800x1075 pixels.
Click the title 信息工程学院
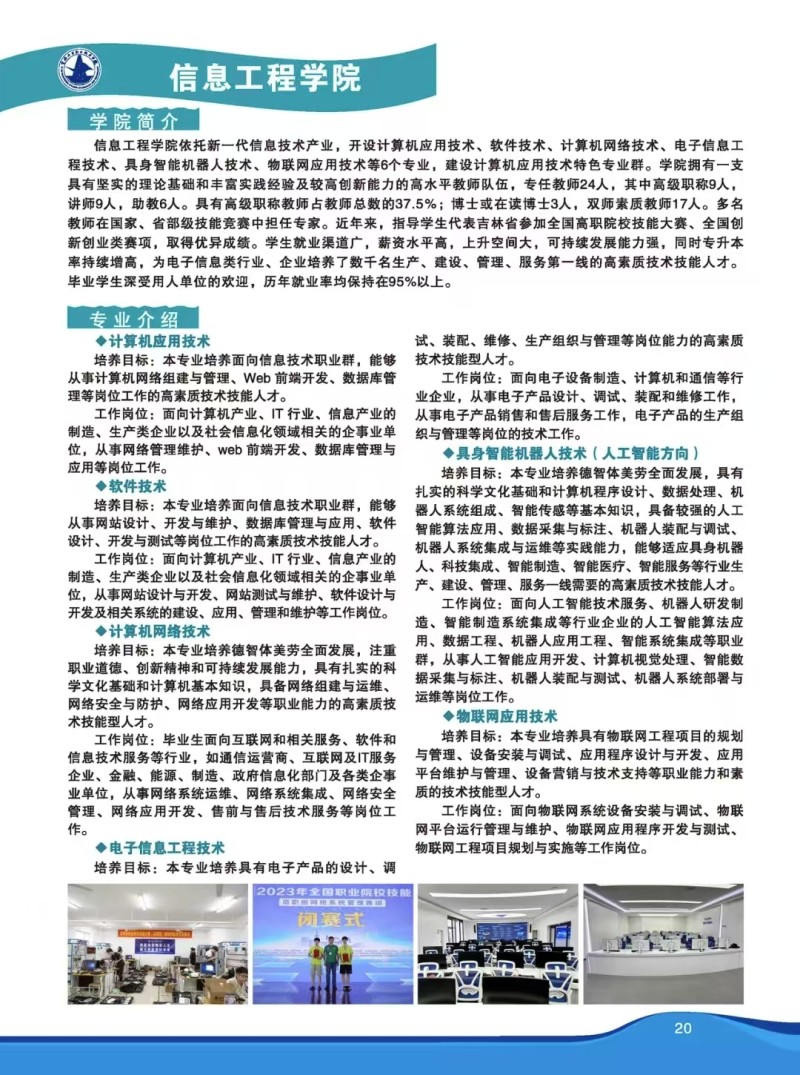[x=264, y=77]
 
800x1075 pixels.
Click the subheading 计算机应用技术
[x=159, y=341]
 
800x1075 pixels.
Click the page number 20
[x=683, y=1027]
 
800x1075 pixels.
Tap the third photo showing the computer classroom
[x=497, y=944]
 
